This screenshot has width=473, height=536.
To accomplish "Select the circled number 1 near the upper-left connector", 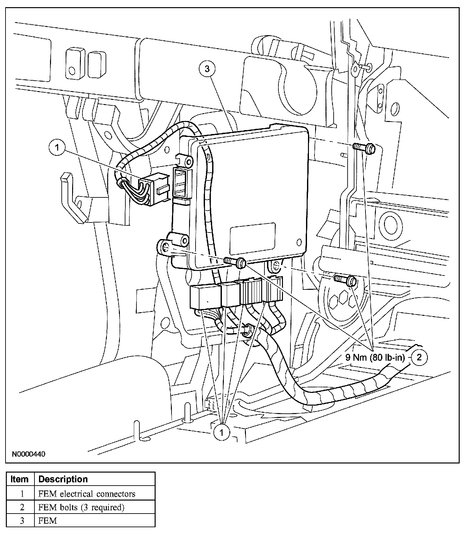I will [58, 148].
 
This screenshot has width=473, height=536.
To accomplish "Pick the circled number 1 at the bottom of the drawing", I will [222, 432].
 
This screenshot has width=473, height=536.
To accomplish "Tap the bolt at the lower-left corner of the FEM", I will [235, 261].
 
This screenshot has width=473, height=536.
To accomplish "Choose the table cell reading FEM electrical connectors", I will [87, 494].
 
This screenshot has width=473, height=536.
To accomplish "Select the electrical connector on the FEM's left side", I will [155, 191].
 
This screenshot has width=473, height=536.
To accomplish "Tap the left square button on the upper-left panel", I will [75, 64].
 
